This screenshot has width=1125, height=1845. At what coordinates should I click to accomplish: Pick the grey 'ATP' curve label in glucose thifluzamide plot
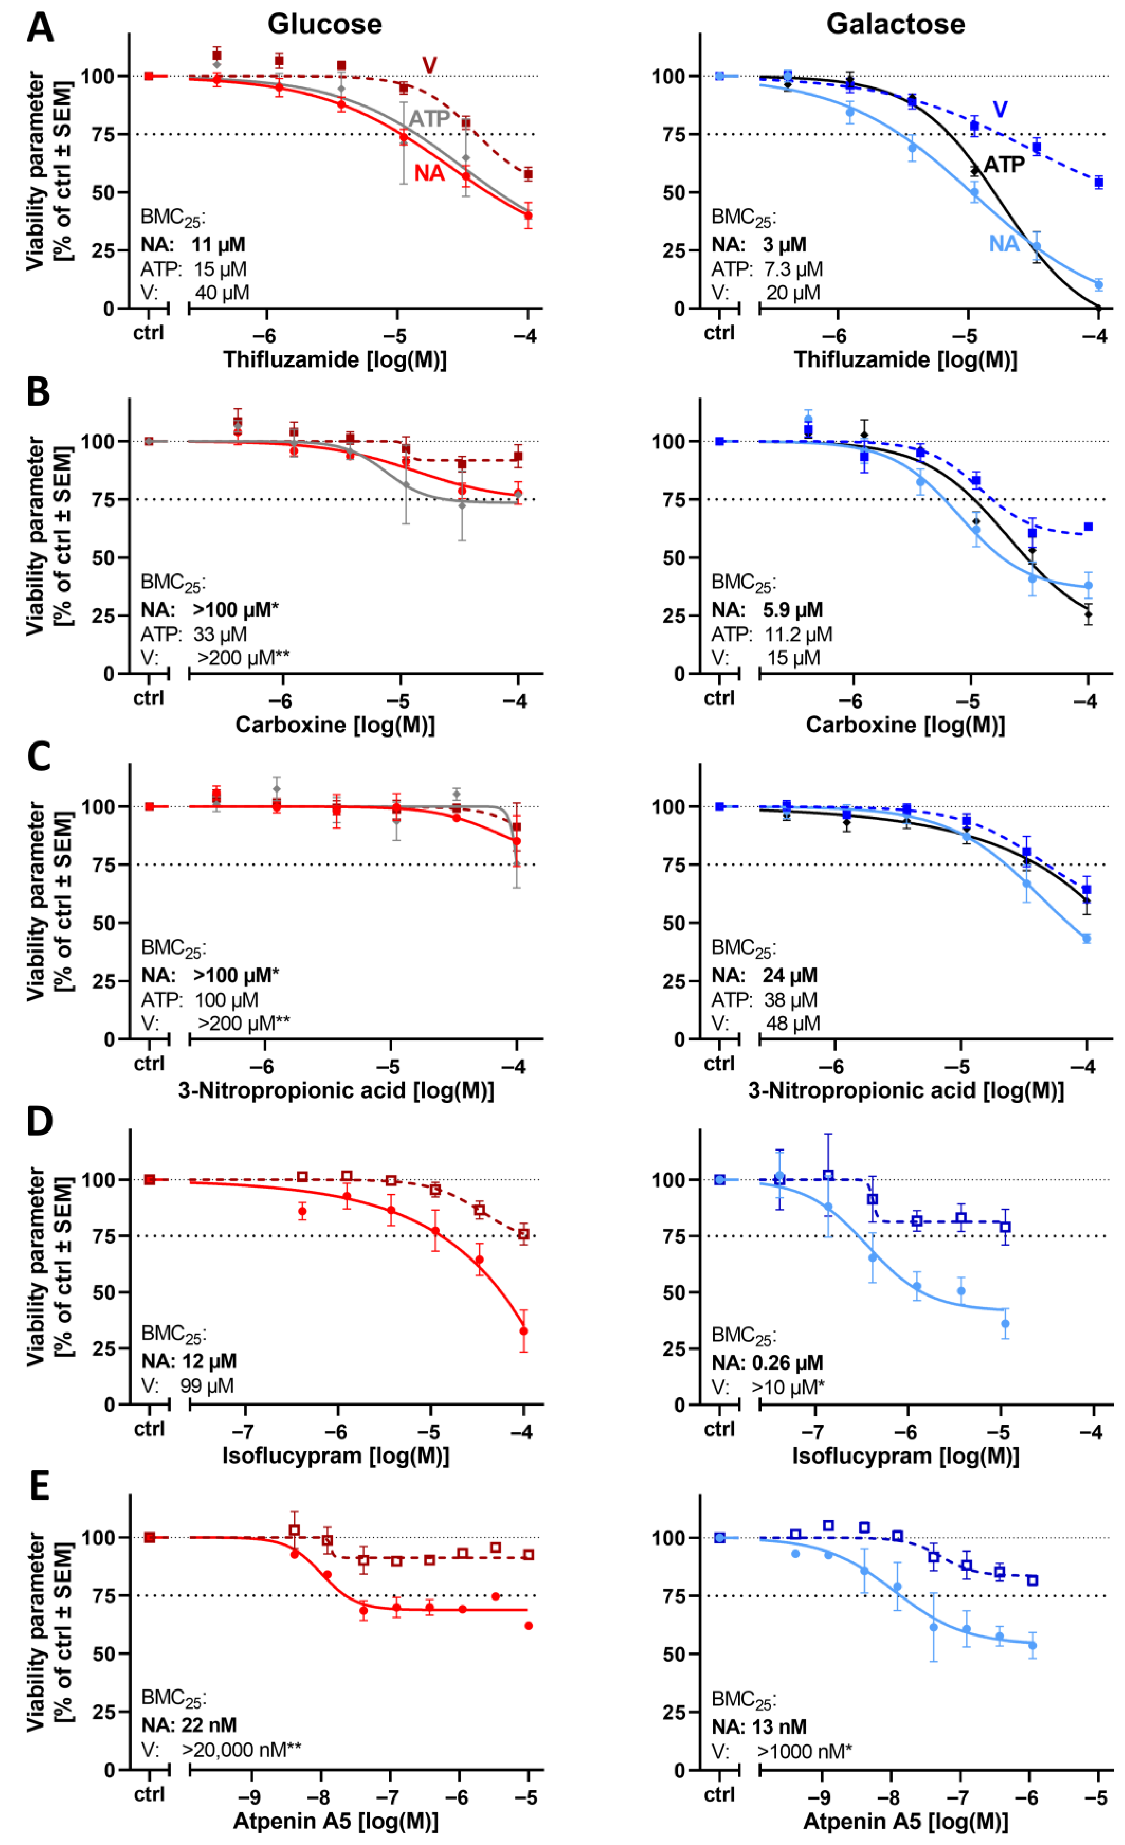(x=429, y=118)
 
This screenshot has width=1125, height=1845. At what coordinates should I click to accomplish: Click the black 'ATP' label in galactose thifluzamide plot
(x=1004, y=165)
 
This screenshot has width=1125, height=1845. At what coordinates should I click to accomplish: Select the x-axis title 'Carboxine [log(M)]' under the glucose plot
(x=335, y=725)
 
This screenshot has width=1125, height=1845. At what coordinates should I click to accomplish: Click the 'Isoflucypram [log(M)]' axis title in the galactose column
(x=906, y=1456)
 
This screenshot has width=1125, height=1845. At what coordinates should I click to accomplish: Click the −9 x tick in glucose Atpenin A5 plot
(x=250, y=1797)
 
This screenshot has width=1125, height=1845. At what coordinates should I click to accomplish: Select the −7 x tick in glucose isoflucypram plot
(x=243, y=1432)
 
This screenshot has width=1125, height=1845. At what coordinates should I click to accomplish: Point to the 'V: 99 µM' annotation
(x=187, y=1386)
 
